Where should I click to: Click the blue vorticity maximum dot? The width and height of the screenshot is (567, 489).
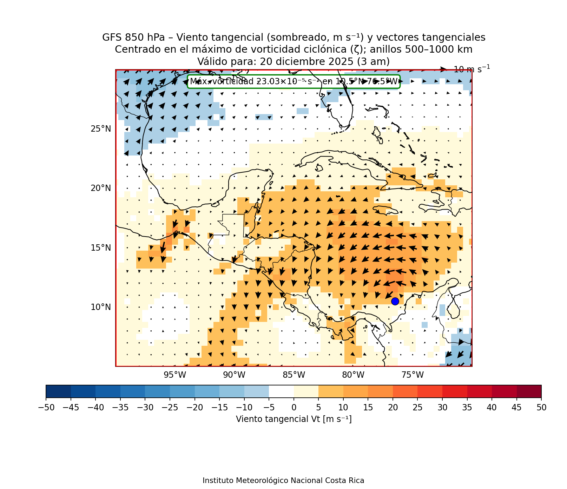coord(395,301)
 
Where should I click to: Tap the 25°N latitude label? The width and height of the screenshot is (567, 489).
coord(101,129)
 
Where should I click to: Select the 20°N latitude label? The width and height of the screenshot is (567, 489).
coord(101,188)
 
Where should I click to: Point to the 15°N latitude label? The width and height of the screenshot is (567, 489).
coord(101,248)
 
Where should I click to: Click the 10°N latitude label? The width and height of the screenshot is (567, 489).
coord(101,307)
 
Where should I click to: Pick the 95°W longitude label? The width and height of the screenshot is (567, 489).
coord(175,375)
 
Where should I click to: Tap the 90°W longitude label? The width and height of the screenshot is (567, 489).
coord(234,375)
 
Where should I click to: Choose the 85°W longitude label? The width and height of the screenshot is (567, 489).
coord(294,375)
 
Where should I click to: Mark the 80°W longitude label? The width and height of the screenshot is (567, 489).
coord(353,375)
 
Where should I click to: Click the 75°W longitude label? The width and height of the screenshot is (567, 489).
coord(413,375)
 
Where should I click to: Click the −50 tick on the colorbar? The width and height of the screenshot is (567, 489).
coord(46,407)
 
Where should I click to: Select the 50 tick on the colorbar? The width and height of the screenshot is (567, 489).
coord(541,407)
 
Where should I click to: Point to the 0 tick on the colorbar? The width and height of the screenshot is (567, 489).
coord(294,407)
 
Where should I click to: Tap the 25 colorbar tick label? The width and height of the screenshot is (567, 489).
coord(417,407)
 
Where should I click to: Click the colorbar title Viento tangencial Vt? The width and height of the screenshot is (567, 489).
coord(294,419)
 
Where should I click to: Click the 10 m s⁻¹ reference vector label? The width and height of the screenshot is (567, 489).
coord(472,69)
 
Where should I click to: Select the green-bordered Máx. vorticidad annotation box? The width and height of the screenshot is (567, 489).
coord(294,81)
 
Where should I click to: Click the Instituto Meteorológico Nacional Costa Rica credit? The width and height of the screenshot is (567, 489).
coord(283,481)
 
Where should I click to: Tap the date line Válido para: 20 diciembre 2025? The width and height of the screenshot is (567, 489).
coord(294,61)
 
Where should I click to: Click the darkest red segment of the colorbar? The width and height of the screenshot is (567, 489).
coord(529,391)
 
